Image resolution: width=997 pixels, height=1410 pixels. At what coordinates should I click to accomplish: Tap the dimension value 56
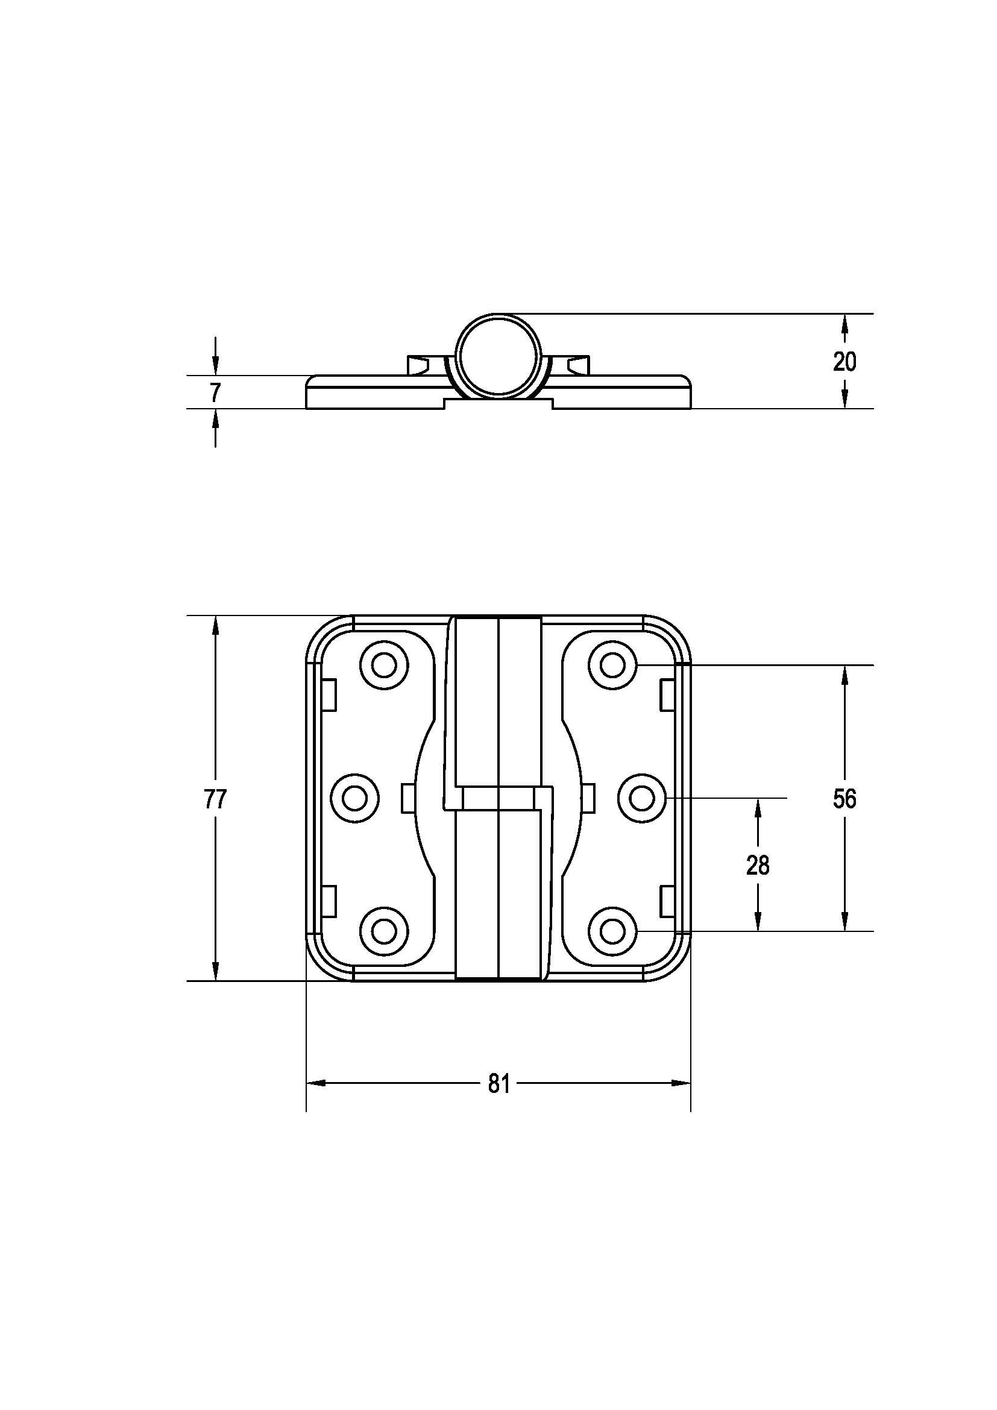click(844, 799)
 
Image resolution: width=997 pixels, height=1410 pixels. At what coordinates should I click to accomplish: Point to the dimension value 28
click(758, 865)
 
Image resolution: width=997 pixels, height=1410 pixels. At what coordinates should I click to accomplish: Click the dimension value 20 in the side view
click(844, 362)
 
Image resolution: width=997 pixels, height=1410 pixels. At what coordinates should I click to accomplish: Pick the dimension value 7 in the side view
click(215, 392)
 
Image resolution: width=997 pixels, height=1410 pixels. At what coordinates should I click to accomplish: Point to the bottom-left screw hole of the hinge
click(385, 931)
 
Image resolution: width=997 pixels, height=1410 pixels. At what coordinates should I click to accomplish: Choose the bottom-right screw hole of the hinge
click(612, 931)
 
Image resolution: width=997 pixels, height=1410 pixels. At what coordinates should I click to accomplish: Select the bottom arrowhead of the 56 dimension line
click(844, 922)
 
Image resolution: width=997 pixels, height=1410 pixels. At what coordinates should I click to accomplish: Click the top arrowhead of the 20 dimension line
click(844, 322)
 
